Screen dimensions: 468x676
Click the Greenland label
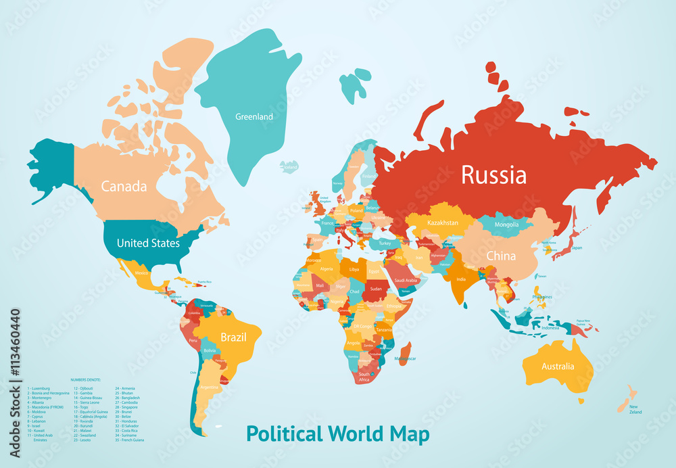coord(254,117)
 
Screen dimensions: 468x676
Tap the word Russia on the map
coord(493,175)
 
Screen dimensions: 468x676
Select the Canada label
coord(124,186)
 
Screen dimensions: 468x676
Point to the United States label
coord(148,243)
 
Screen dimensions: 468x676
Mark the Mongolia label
coord(506,225)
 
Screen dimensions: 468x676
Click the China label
coord(501,256)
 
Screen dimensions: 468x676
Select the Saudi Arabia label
coord(407,280)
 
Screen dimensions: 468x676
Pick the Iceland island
coord(289,166)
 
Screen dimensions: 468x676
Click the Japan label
coord(577,248)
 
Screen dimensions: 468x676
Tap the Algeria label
coord(327,268)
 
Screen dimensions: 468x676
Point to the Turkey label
coord(385,243)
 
